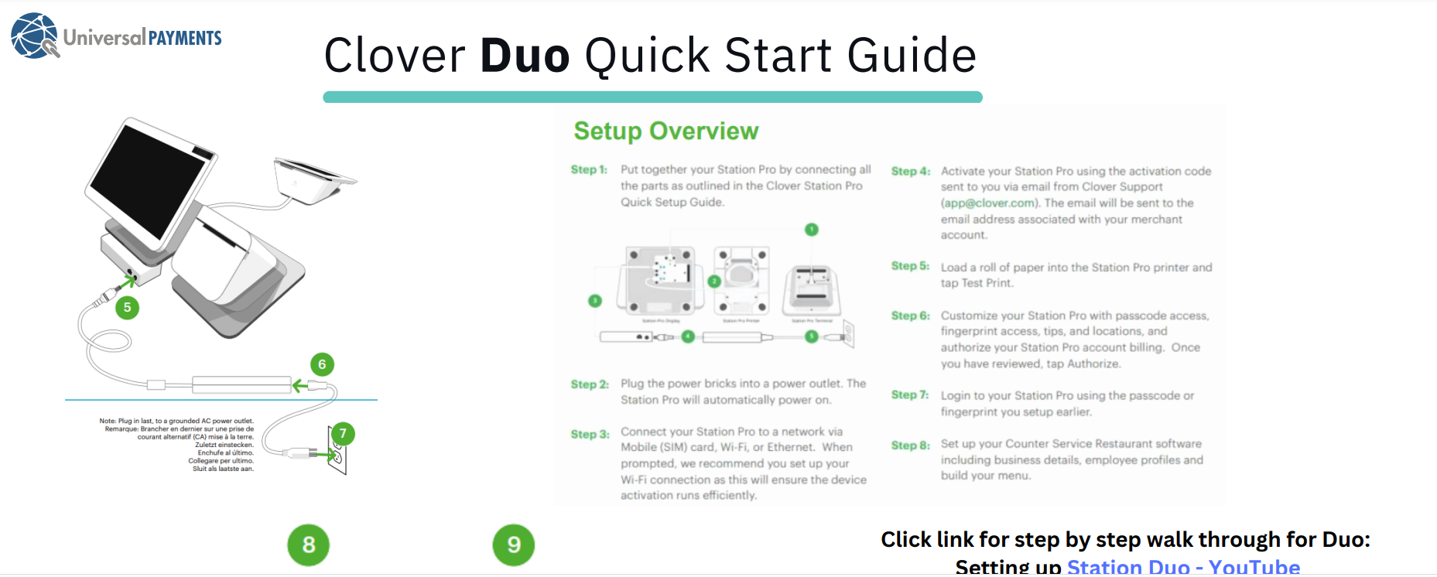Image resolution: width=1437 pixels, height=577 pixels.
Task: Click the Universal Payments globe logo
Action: pyautogui.click(x=34, y=36)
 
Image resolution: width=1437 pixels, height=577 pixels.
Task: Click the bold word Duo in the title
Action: pyautogui.click(x=525, y=56)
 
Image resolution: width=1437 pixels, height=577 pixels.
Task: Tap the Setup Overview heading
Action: pyautogui.click(x=665, y=131)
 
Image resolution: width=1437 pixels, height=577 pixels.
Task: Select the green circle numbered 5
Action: pyautogui.click(x=128, y=308)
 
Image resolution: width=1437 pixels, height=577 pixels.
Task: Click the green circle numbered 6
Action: pyautogui.click(x=322, y=364)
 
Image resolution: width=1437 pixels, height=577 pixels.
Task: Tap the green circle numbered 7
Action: pyautogui.click(x=343, y=433)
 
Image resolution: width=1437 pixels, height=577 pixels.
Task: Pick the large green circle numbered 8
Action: pyautogui.click(x=308, y=545)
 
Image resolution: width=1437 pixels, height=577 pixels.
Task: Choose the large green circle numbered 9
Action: pyautogui.click(x=513, y=545)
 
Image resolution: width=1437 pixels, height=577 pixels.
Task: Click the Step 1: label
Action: pyautogui.click(x=589, y=169)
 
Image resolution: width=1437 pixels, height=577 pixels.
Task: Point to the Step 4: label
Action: pyautogui.click(x=910, y=171)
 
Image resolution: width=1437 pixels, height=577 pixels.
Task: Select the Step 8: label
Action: pyautogui.click(x=910, y=445)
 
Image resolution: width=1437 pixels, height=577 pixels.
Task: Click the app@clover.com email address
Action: pyautogui.click(x=988, y=203)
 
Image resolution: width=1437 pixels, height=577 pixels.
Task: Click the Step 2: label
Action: pyautogui.click(x=590, y=384)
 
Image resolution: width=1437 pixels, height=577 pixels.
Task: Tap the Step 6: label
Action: pyautogui.click(x=910, y=316)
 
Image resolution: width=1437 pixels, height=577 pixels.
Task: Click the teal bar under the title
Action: pyautogui.click(x=652, y=97)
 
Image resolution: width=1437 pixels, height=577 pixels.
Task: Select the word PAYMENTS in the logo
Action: pyautogui.click(x=184, y=38)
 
